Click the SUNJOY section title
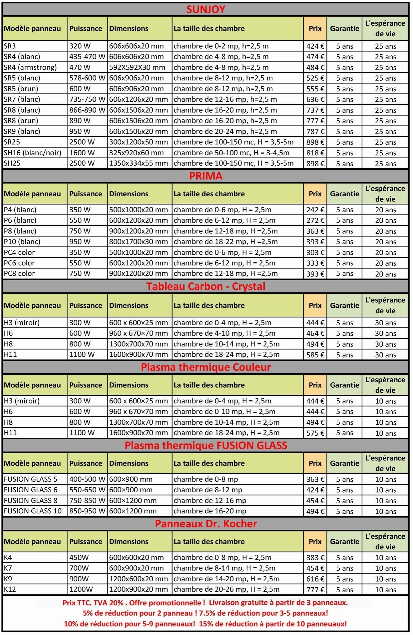[206, 9]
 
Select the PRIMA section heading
[206, 176]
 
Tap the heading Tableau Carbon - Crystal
[206, 286]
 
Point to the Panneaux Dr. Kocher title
[206, 524]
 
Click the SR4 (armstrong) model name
[30, 67]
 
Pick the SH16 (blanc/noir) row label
[33, 153]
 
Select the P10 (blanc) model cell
[22, 242]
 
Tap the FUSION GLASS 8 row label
[31, 500]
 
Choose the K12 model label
[10, 589]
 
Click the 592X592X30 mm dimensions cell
[137, 67]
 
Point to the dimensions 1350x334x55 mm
[139, 163]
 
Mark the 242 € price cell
[315, 210]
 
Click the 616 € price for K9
[315, 579]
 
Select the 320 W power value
[80, 46]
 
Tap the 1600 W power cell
[82, 153]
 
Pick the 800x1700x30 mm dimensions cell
[139, 242]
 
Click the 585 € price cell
[315, 355]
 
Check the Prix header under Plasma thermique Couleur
[315, 385]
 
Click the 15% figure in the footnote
[206, 624]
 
